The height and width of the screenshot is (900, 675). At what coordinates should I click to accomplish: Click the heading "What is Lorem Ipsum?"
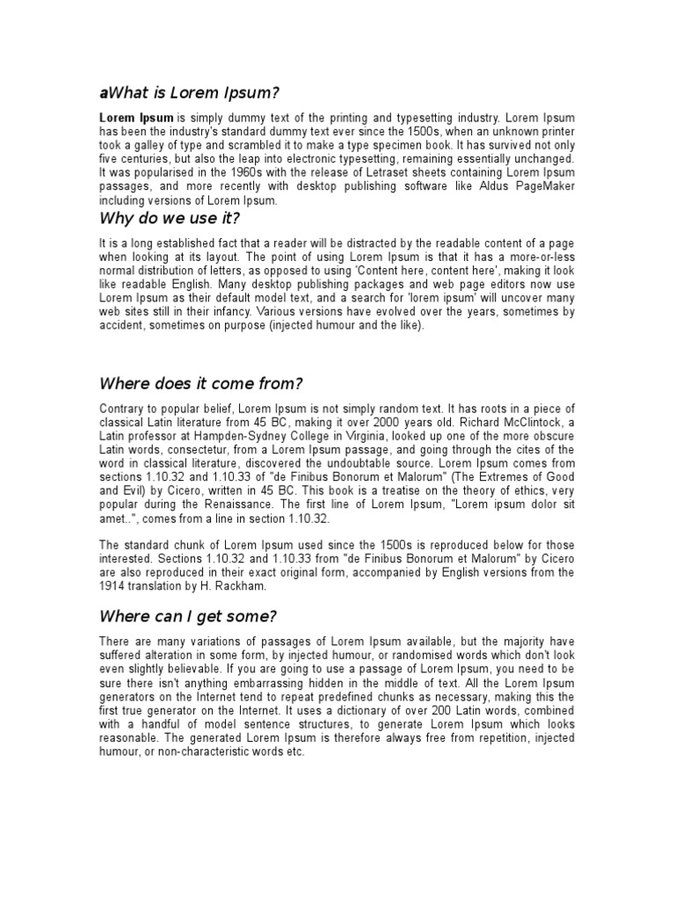[194, 93]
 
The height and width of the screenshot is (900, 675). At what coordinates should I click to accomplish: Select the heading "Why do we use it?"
[170, 217]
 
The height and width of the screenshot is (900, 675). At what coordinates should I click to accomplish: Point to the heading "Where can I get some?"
[189, 615]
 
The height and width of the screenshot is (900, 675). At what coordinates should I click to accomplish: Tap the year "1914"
[112, 586]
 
